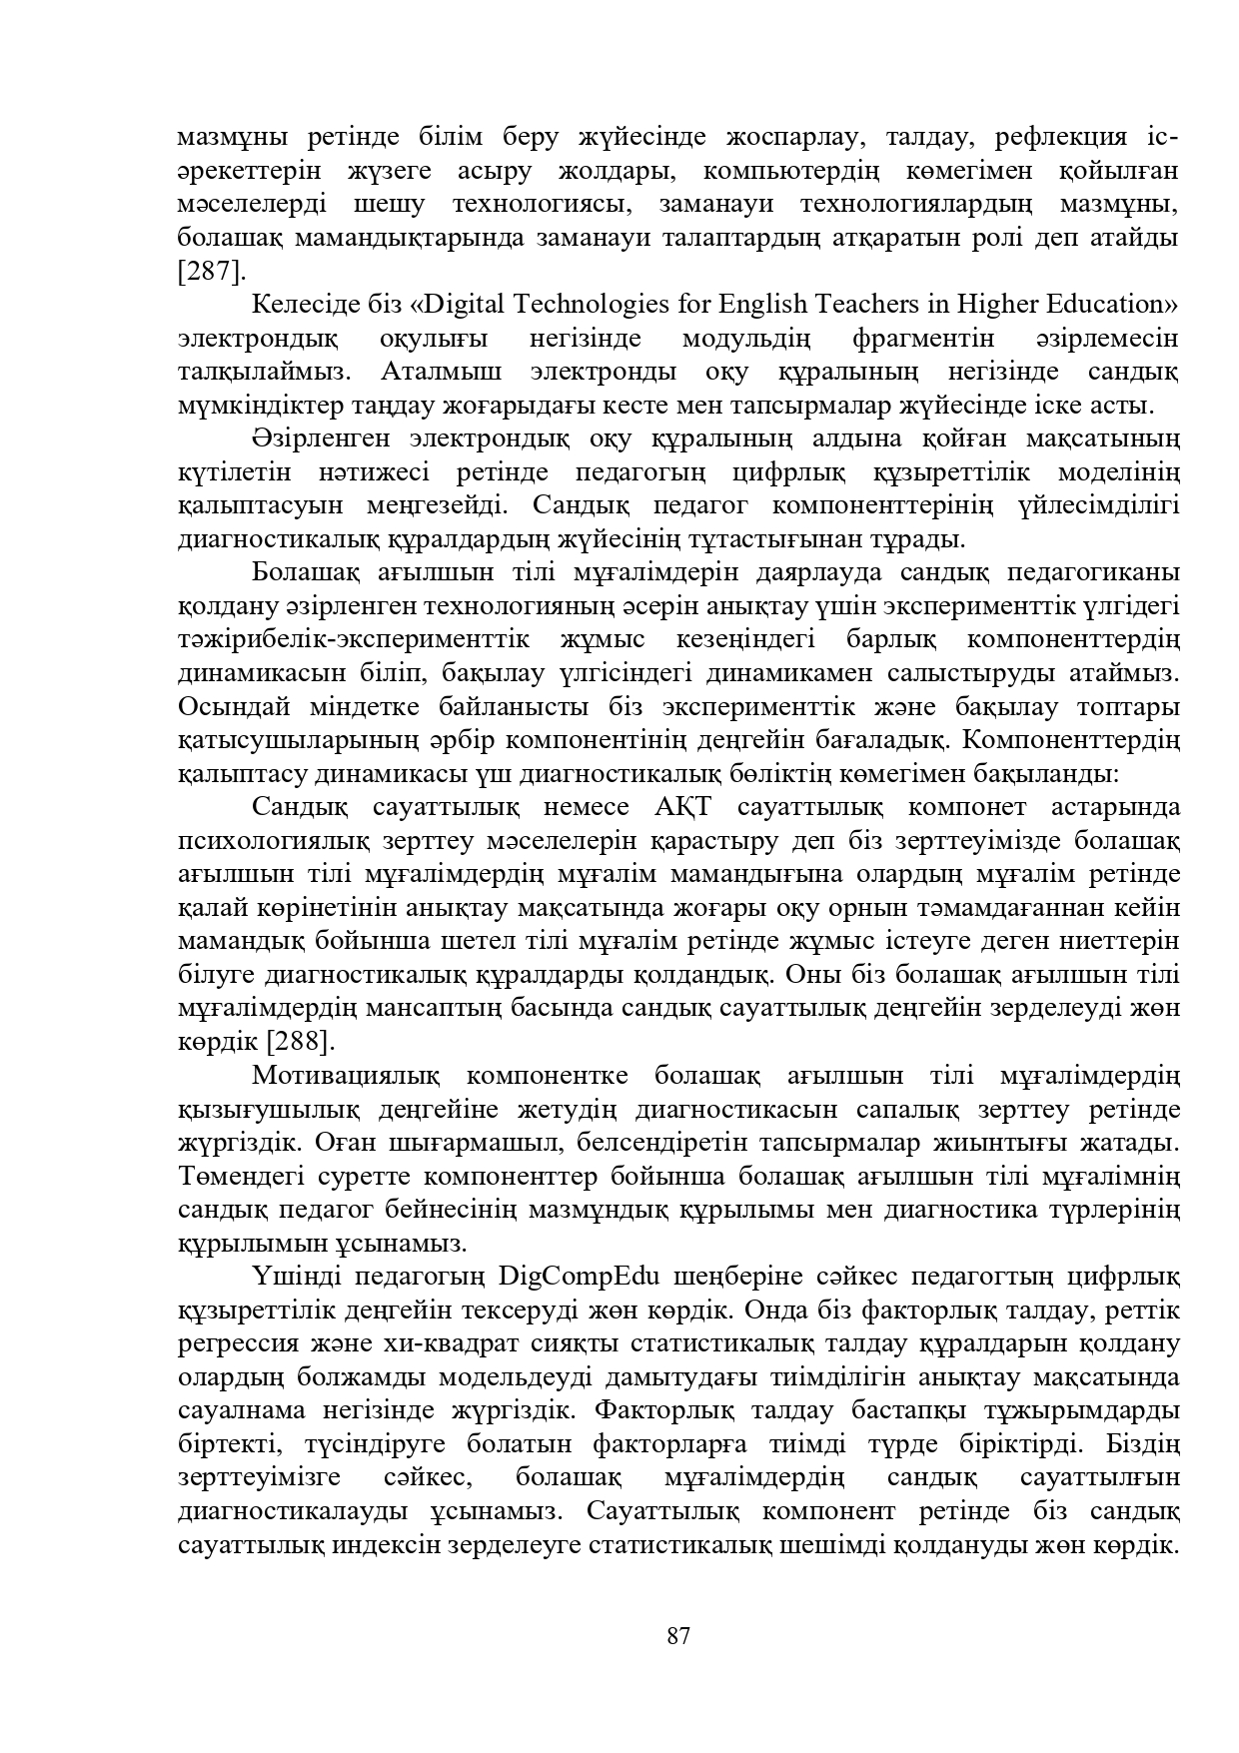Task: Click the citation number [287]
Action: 211,272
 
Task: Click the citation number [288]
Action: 301,1041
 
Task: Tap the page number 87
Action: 678,1636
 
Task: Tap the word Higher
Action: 1000,304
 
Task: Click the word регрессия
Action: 230,1343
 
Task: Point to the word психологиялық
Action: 264,841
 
